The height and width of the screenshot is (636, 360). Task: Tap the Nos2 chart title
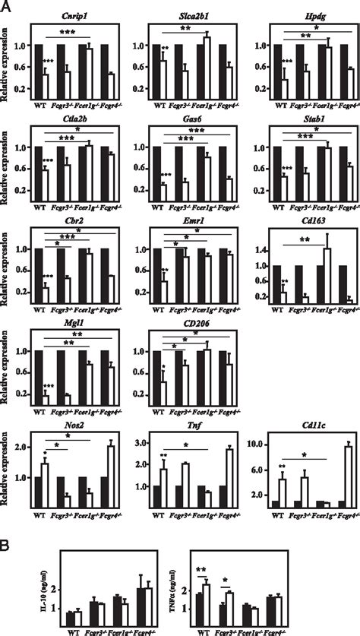point(72,427)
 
